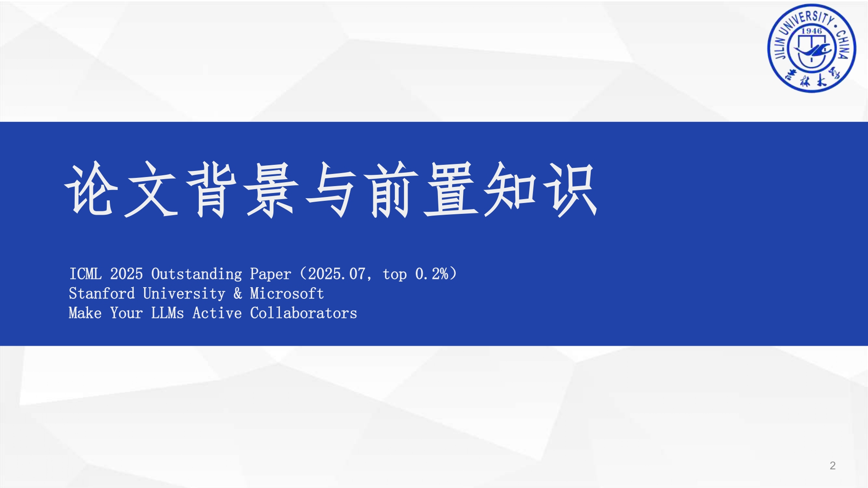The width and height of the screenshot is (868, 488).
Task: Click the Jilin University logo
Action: click(812, 48)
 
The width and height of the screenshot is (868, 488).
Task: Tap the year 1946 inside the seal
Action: click(812, 31)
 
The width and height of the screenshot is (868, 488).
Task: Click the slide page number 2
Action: click(832, 465)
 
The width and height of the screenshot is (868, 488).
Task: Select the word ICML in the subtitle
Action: click(85, 274)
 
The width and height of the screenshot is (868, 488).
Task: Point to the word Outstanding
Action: click(197, 274)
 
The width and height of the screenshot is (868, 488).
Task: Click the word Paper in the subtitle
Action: click(270, 274)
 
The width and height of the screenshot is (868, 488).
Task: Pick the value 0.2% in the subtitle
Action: click(431, 274)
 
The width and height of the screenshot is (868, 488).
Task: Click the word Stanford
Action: click(102, 293)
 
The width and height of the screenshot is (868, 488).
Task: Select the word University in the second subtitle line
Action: click(184, 294)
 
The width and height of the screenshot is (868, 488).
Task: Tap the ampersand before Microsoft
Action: click(238, 293)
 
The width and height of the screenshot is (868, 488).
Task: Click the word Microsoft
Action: click(287, 293)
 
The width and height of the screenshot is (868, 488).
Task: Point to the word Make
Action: click(85, 313)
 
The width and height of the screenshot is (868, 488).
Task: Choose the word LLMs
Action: click(168, 313)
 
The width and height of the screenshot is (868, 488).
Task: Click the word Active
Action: click(217, 313)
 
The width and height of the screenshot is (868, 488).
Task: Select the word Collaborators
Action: click(303, 313)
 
